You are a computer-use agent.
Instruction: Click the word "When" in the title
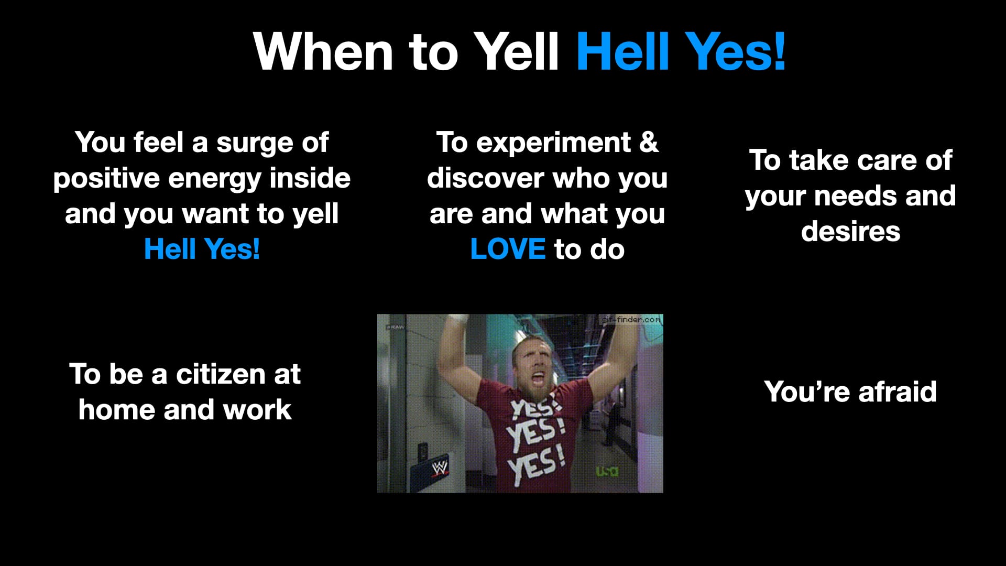click(x=323, y=51)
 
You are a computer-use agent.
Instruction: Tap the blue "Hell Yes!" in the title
click(x=681, y=51)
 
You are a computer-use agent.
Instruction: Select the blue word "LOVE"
click(x=508, y=249)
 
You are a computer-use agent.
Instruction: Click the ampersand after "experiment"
click(x=649, y=142)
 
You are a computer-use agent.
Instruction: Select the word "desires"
click(x=850, y=231)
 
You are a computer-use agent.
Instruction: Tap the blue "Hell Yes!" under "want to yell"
click(x=202, y=249)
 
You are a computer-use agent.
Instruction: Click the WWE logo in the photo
click(x=440, y=467)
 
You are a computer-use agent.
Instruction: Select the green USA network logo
click(x=607, y=471)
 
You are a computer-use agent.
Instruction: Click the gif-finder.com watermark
click(x=631, y=319)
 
